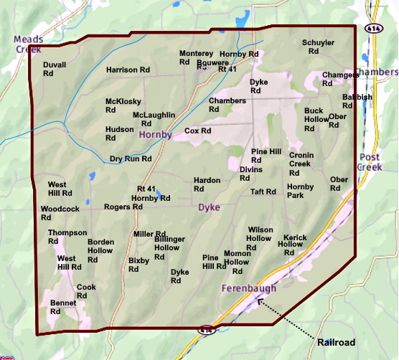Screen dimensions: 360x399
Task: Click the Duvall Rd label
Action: click(55, 69)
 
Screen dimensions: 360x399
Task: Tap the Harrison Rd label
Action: click(128, 70)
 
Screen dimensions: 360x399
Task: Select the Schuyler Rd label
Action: click(317, 47)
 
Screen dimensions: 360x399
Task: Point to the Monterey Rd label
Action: click(196, 58)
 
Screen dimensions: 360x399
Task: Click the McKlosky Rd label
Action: click(123, 106)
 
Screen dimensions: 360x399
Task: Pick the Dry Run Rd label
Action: click(130, 158)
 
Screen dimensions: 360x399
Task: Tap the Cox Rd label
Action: click(197, 131)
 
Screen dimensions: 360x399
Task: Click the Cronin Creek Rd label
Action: click(300, 164)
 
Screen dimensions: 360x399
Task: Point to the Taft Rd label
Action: click(263, 192)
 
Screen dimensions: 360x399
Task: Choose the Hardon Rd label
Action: click(207, 185)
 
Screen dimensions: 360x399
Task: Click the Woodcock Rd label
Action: click(60, 213)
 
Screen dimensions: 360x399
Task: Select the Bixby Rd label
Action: click(139, 265)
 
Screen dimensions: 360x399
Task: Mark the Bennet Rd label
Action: click(62, 307)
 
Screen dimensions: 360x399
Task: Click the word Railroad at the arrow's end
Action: click(336, 343)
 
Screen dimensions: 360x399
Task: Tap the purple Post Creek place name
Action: click(370, 162)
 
